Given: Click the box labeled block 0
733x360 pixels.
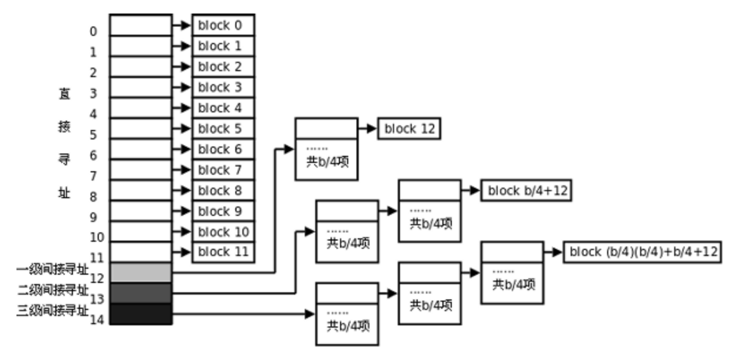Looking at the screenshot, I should point(223,25).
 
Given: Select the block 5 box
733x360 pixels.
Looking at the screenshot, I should point(223,128).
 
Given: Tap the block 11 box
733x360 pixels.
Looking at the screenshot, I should point(223,252).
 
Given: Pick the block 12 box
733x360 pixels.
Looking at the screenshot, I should point(409,129).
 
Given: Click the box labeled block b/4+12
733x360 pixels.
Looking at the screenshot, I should point(526,191).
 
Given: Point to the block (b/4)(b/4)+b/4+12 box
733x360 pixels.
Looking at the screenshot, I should point(642,252).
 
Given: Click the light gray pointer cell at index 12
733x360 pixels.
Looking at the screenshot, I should point(141,272).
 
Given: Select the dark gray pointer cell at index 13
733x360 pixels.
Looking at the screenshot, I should point(141,293).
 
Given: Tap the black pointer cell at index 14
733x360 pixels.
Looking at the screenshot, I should point(141,314).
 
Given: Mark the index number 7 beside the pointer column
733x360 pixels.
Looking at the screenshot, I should point(93,176).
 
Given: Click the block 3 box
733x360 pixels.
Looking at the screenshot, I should point(223,87).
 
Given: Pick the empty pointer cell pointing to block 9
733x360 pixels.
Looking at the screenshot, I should point(141,211).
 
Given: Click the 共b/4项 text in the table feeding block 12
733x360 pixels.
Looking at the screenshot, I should point(328,161).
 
